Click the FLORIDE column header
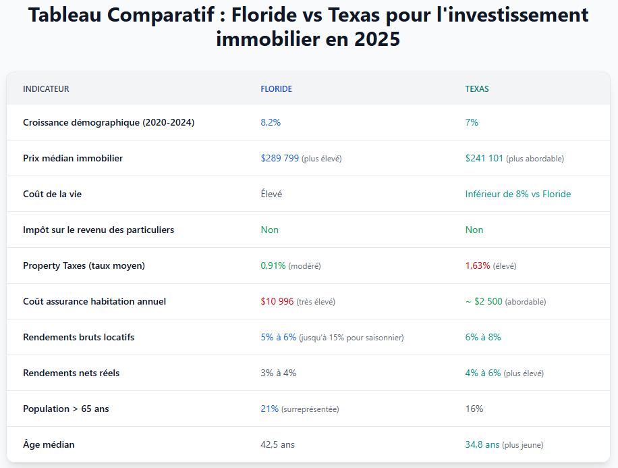[x=276, y=89]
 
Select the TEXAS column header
[x=477, y=89]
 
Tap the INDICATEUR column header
[x=46, y=89]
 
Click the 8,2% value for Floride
[x=271, y=122]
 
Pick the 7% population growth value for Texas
[x=472, y=122]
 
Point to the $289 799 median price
[x=280, y=158]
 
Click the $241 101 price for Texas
[x=484, y=158]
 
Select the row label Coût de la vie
[x=53, y=194]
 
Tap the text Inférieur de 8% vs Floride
[x=517, y=194]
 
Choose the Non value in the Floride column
[x=269, y=230]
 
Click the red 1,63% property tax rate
[x=478, y=265]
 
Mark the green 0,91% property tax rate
[x=273, y=265]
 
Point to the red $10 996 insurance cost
[x=277, y=301]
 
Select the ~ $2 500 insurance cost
[x=484, y=301]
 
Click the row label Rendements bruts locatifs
[x=78, y=337]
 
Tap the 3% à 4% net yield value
[x=278, y=373]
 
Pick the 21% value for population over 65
[x=270, y=409]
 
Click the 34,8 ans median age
[x=482, y=444]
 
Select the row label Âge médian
[x=49, y=444]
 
